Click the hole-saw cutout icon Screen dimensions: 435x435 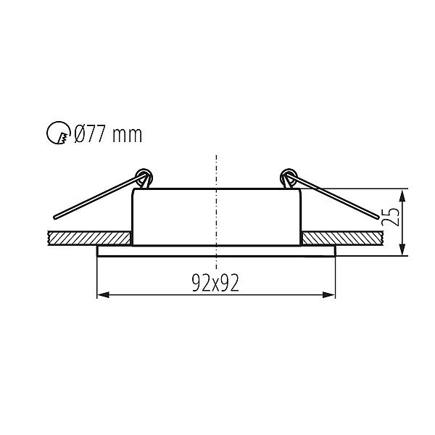coord(57,133)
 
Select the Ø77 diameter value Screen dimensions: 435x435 coord(91,134)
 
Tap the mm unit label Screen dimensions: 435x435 coord(128,136)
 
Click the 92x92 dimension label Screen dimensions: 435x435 coord(215,283)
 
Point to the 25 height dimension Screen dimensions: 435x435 coord(391,217)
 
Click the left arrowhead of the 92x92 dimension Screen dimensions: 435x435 coord(103,295)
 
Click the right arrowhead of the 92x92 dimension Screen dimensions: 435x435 coord(328,295)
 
